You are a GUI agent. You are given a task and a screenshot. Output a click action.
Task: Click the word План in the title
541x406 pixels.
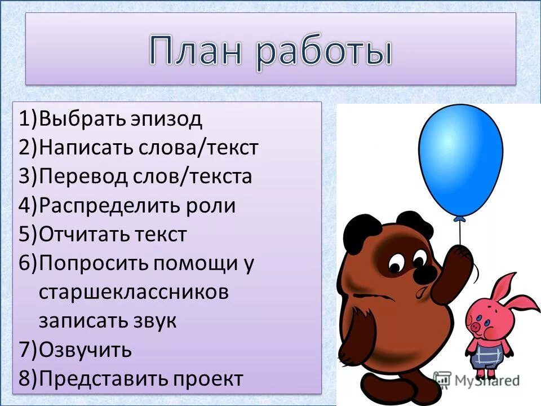194,52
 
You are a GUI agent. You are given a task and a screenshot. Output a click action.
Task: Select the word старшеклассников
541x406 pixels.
134,293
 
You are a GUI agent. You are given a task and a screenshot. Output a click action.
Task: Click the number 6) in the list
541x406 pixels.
28,264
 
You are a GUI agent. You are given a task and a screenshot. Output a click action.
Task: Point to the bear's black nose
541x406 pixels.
425,273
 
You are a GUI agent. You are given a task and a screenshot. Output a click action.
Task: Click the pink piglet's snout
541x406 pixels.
476,326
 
